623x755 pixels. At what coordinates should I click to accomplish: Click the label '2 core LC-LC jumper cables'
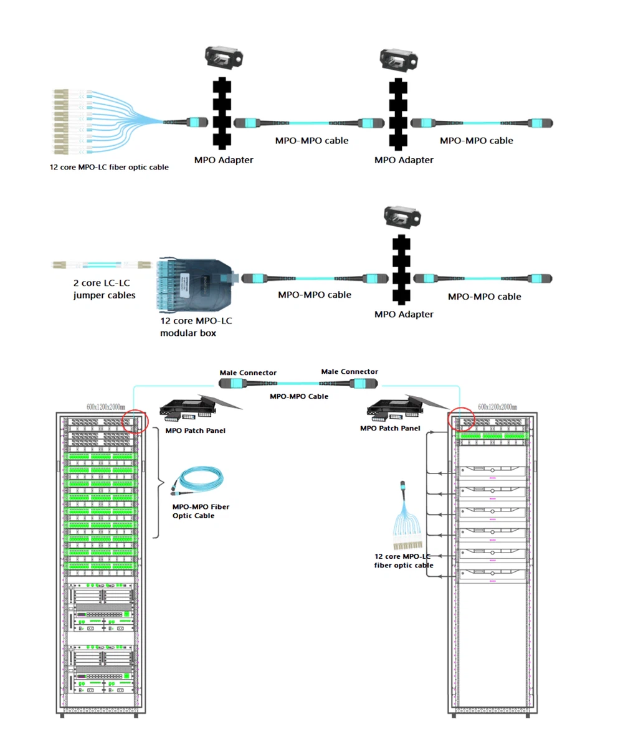tap(104, 289)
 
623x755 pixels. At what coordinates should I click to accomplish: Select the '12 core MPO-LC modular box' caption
tap(196, 326)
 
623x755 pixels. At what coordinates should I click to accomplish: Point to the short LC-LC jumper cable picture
tap(102, 265)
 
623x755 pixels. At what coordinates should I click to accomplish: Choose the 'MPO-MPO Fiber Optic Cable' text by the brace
tap(201, 511)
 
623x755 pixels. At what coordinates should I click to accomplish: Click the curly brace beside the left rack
tap(158, 483)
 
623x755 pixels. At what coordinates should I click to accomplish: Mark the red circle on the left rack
tap(135, 421)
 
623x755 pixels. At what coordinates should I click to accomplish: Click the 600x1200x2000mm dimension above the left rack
tap(105, 407)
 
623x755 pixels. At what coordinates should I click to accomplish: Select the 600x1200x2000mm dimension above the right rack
tap(497, 407)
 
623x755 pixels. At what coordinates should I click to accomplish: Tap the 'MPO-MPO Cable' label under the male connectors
tap(299, 396)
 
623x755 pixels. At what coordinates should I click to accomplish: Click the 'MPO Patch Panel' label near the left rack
tap(196, 430)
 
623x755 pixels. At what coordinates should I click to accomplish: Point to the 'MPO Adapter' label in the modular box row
tap(404, 314)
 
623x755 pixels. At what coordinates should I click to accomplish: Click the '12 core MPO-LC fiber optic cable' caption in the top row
tap(109, 167)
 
